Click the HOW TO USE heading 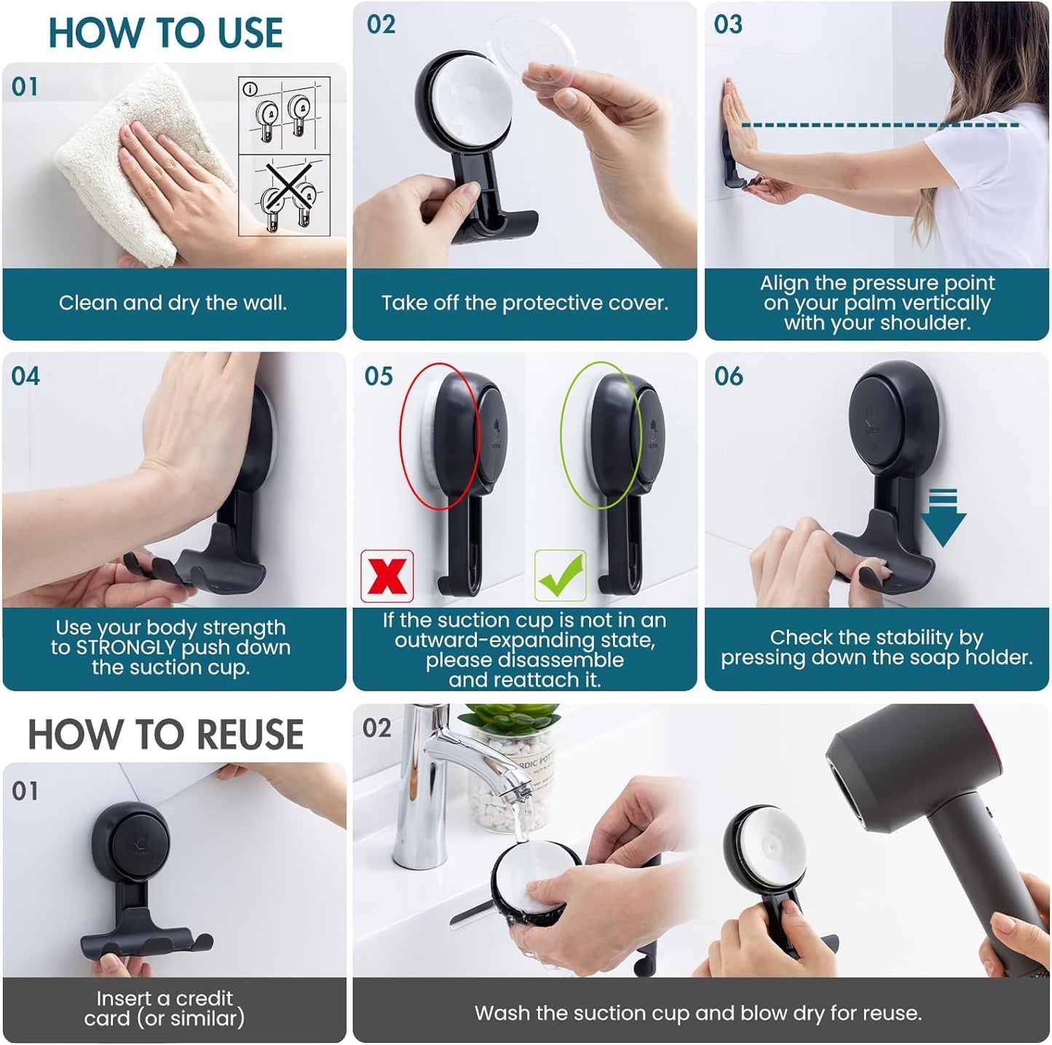(x=165, y=33)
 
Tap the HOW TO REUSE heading (x=165, y=734)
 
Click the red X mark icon (x=387, y=576)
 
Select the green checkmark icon (x=560, y=576)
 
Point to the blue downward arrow (x=943, y=518)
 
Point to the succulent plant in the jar (x=510, y=720)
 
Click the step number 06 (x=728, y=376)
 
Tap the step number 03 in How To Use (x=728, y=24)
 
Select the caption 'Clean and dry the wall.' (x=173, y=303)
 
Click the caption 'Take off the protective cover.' (x=524, y=303)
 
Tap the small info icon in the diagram (x=250, y=89)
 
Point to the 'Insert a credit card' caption (x=165, y=1008)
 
